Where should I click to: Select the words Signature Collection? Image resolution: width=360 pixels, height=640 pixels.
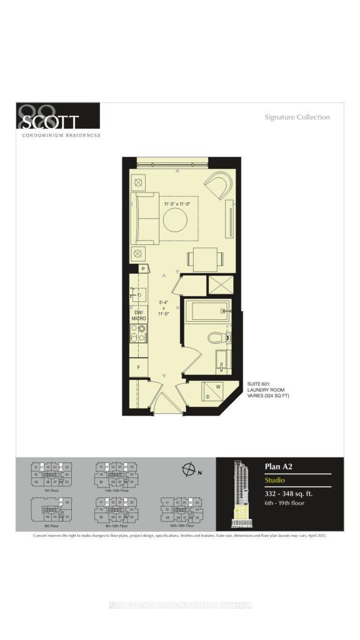click(x=297, y=117)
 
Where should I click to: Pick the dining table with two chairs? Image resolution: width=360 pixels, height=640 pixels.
click(x=204, y=258)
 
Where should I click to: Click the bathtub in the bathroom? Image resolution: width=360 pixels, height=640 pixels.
click(x=206, y=311)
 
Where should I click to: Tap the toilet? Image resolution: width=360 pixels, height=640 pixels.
click(x=216, y=337)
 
